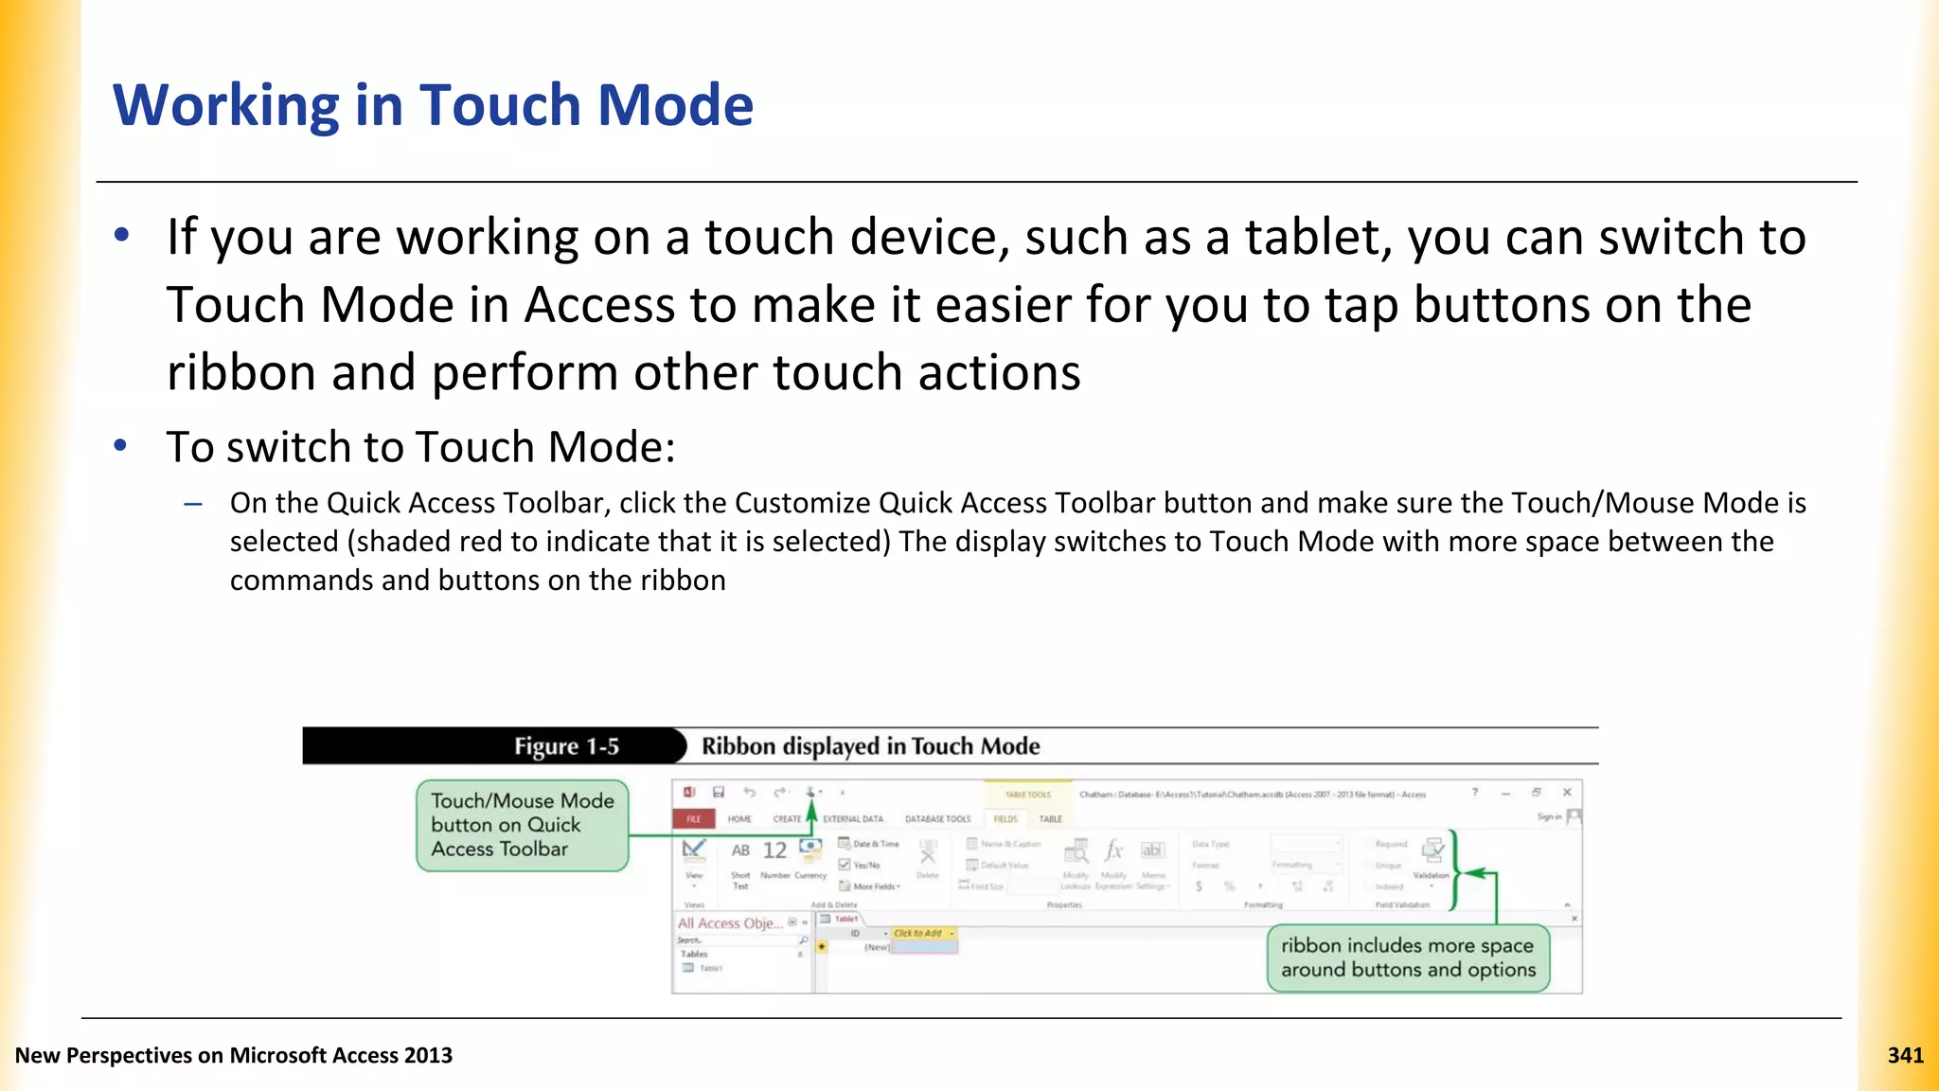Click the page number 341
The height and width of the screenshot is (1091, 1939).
point(1905,1055)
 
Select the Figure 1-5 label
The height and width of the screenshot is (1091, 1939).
point(566,746)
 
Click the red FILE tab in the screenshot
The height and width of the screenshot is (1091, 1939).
point(694,819)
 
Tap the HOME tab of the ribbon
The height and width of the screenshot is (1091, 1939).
point(739,819)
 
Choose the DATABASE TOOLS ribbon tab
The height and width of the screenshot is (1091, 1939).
point(937,819)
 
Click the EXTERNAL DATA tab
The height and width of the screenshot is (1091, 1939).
point(853,819)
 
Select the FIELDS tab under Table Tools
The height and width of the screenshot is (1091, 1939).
point(1005,819)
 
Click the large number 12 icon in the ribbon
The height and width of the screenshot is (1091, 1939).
point(774,850)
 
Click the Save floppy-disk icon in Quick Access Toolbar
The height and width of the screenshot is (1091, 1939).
point(719,792)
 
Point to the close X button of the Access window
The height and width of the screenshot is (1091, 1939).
point(1567,792)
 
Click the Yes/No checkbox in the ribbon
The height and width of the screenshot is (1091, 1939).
point(845,865)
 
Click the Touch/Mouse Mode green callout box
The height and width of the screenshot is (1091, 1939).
point(522,825)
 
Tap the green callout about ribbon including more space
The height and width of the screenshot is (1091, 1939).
point(1407,957)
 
